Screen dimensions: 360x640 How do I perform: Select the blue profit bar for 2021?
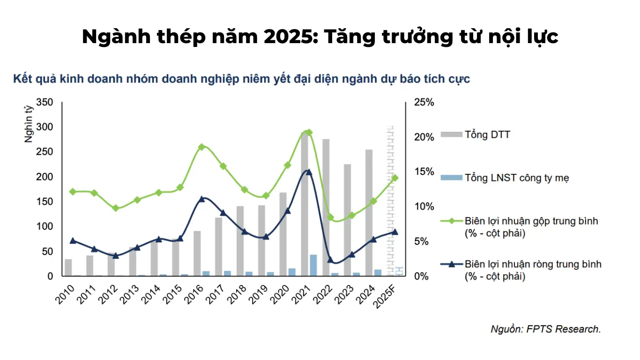click(x=313, y=265)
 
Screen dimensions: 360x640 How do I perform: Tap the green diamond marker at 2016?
click(x=201, y=147)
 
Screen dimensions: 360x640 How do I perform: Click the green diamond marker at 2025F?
click(x=395, y=178)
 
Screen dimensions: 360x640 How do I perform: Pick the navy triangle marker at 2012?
click(x=116, y=255)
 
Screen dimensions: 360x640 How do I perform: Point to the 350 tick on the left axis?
click(x=45, y=102)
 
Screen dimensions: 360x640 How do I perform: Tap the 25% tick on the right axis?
click(x=424, y=102)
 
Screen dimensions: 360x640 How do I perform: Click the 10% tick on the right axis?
click(x=424, y=207)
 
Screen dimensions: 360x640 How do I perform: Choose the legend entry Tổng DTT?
click(x=487, y=135)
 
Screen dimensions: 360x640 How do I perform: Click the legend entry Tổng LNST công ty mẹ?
click(x=517, y=178)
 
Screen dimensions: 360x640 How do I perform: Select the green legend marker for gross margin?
click(x=452, y=221)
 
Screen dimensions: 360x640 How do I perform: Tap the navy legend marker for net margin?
click(x=452, y=264)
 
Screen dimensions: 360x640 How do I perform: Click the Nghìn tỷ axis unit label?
click(x=29, y=124)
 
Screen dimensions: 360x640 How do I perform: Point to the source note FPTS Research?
click(x=545, y=329)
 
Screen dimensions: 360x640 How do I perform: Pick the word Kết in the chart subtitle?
click(x=22, y=79)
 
